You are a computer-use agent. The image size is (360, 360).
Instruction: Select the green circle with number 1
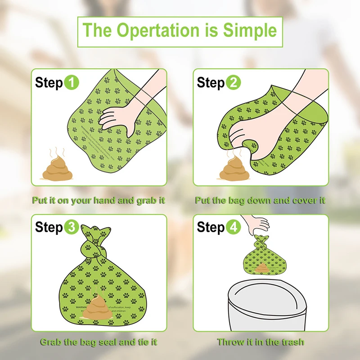pos(71,83)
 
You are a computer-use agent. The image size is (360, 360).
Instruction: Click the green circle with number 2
pos(233,83)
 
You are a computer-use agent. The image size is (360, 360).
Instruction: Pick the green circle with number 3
pos(71,228)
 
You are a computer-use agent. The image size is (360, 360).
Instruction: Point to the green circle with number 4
pos(233,228)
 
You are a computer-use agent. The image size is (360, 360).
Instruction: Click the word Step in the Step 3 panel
pos(49,228)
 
